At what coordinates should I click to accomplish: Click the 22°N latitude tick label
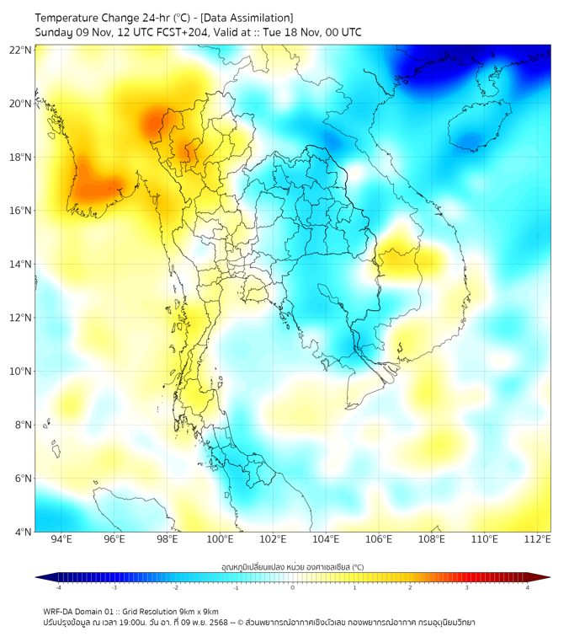(21, 51)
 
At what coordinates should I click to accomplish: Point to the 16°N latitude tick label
(21, 211)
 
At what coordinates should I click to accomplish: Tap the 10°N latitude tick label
(21, 372)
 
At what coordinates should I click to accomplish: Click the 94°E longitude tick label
(61, 539)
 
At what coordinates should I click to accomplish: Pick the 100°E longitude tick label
(220, 539)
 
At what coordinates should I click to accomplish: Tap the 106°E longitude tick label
(379, 539)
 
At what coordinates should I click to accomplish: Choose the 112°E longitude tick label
(537, 539)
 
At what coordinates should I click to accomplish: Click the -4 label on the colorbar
(57, 587)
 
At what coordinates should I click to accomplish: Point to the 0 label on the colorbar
(293, 587)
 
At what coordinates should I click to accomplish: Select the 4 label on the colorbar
(527, 587)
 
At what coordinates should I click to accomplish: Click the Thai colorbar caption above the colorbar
(292, 567)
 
